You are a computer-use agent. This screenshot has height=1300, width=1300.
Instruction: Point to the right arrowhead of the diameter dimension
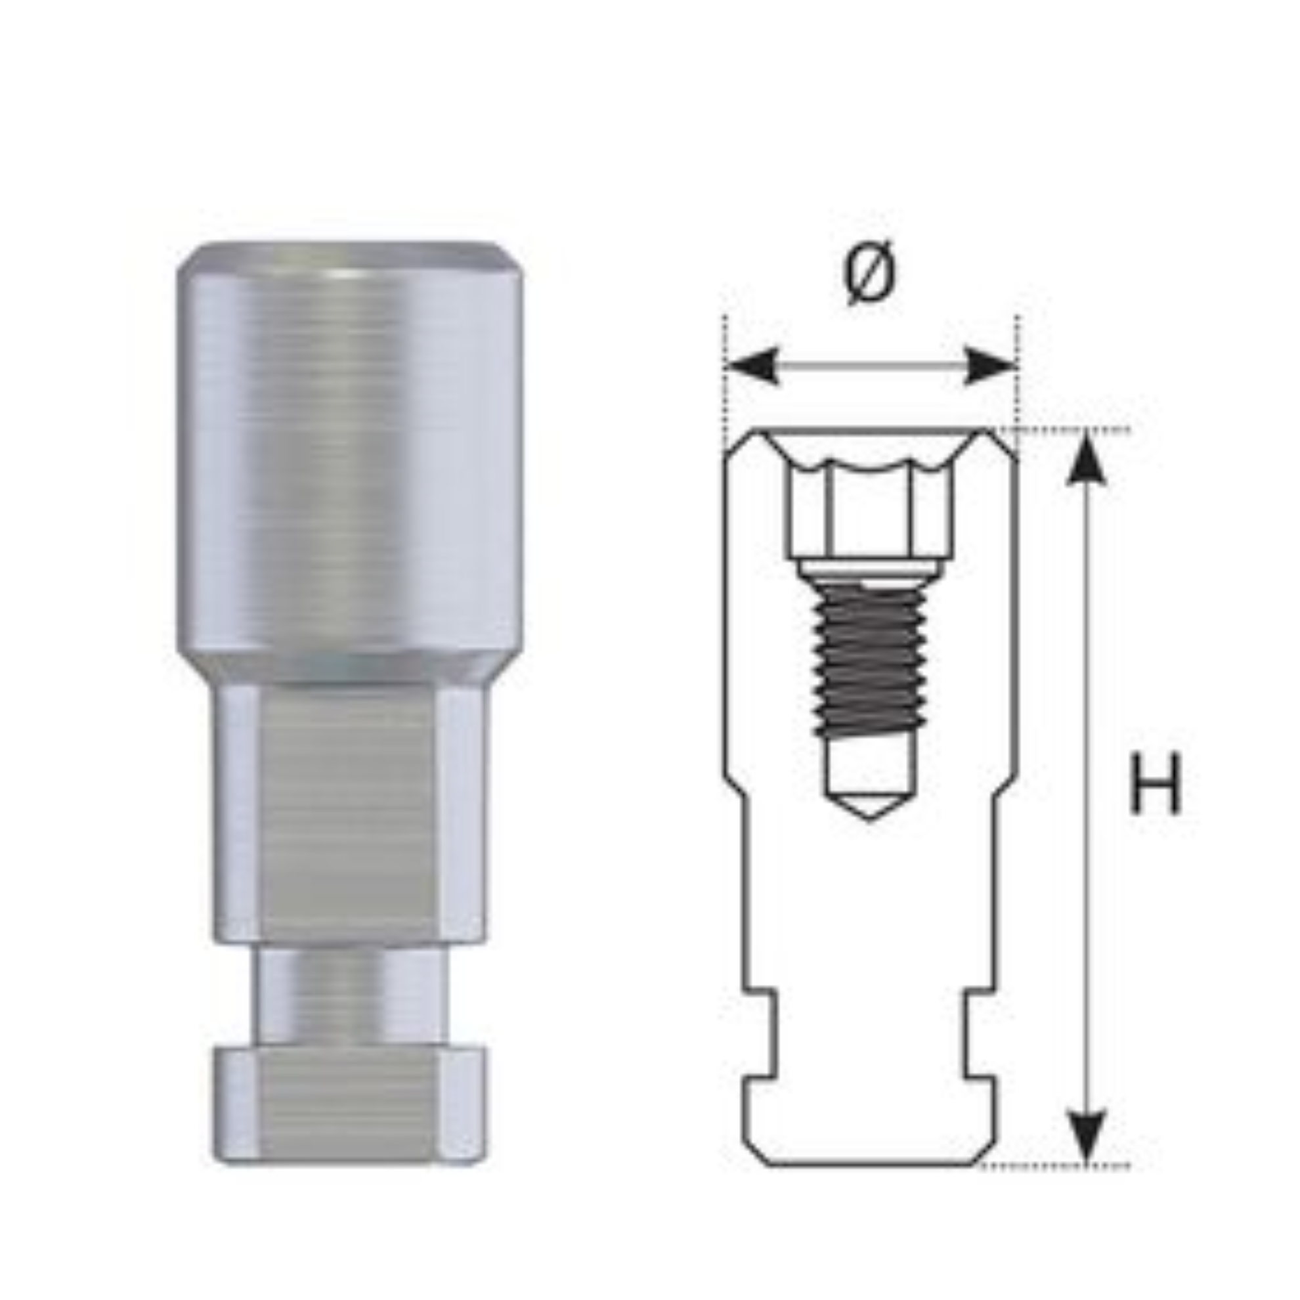[x=989, y=366]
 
